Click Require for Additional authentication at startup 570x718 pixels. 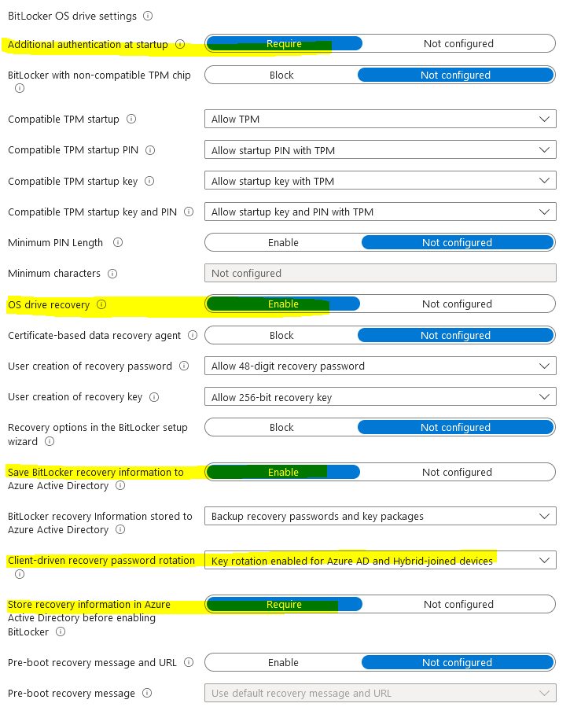(284, 44)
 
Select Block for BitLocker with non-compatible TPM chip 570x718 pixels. (281, 75)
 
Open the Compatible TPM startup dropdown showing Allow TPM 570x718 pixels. (380, 120)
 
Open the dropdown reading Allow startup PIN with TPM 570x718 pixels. (380, 150)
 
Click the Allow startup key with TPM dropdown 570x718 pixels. (380, 181)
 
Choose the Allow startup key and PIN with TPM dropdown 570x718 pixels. (380, 212)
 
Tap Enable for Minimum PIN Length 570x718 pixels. (283, 243)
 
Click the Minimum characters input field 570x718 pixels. (380, 274)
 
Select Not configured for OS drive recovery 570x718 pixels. (457, 304)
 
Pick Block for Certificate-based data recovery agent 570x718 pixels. (281, 336)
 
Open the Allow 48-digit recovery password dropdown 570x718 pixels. (380, 366)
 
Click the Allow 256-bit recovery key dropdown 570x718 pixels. (380, 397)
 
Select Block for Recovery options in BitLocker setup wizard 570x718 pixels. (281, 428)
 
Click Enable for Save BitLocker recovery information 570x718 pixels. (283, 473)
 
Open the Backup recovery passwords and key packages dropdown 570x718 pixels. (380, 517)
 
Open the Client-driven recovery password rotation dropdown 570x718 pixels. (380, 561)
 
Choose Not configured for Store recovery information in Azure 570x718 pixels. (458, 605)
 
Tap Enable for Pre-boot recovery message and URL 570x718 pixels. (283, 663)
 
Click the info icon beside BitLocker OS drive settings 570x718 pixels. (149, 16)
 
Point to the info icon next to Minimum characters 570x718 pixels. (112, 274)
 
